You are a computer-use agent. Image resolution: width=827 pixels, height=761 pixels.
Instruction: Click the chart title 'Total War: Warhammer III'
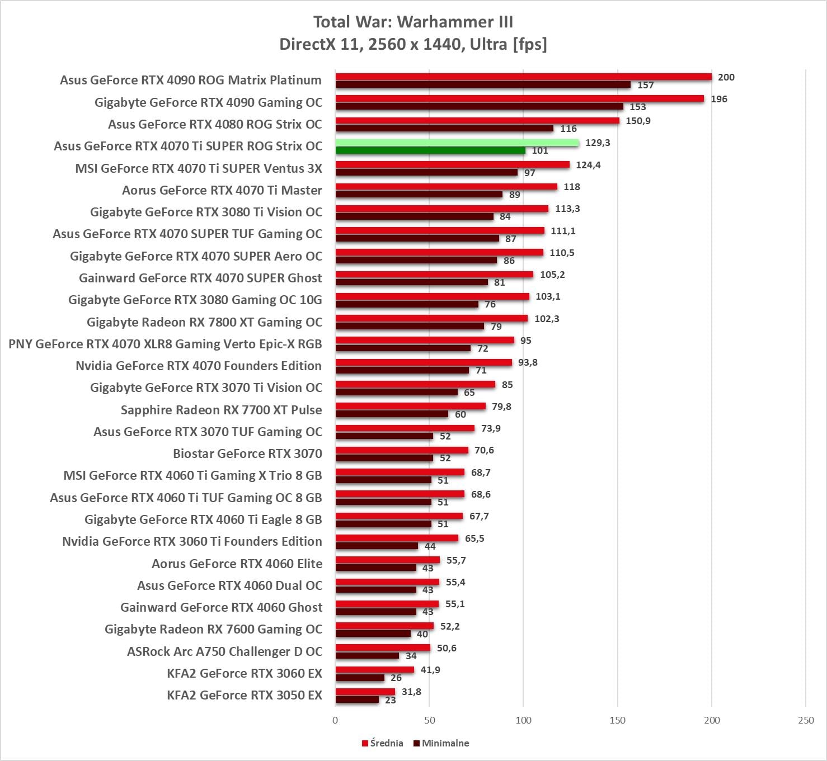[x=413, y=22]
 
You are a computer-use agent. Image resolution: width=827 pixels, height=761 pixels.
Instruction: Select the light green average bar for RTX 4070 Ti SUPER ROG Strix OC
[x=457, y=143]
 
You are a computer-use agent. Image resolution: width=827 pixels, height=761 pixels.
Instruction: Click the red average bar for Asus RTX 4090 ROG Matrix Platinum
[x=523, y=77]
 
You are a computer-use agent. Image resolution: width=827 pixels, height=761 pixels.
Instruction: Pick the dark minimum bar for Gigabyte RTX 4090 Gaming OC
[x=479, y=106]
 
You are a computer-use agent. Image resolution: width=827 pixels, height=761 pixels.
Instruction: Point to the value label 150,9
[x=638, y=121]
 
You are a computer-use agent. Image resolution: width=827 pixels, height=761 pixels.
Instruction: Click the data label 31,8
[x=411, y=692]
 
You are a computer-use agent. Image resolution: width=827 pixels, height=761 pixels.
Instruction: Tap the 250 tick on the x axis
[x=806, y=720]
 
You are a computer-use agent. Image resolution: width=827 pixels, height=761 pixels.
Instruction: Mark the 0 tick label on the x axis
[x=335, y=720]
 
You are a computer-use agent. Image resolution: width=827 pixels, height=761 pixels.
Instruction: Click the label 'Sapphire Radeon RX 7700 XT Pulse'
[x=221, y=410]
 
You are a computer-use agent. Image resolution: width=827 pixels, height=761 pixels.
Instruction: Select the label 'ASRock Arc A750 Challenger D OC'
[x=224, y=651]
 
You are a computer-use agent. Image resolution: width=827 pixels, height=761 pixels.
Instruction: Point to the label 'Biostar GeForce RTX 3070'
[x=247, y=453]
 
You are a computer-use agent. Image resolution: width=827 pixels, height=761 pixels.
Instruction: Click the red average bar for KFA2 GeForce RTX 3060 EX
[x=374, y=669]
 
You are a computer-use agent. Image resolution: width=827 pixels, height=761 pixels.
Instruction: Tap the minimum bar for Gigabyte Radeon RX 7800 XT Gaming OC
[x=410, y=326]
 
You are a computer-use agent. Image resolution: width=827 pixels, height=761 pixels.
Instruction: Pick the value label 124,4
[x=588, y=165]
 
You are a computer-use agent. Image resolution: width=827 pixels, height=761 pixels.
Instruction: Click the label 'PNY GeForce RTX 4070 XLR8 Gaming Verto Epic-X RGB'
[x=165, y=344]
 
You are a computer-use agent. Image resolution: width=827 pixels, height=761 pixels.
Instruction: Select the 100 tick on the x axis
[x=523, y=720]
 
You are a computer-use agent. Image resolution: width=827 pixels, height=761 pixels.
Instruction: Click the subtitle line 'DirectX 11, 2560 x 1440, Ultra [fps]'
[x=413, y=44]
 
